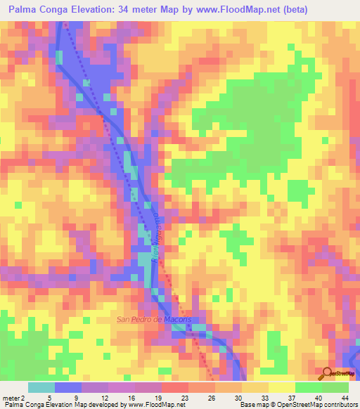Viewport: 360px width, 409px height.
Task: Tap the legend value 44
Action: pyautogui.click(x=345, y=397)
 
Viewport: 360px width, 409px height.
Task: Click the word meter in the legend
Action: pyautogui.click(x=9, y=397)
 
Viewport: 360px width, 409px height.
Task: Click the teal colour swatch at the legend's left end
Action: pyautogui.click(x=41, y=387)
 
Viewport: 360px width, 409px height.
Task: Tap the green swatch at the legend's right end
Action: pyautogui.click(x=335, y=387)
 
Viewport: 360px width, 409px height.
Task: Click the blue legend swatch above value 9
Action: pyautogui.click(x=68, y=387)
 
